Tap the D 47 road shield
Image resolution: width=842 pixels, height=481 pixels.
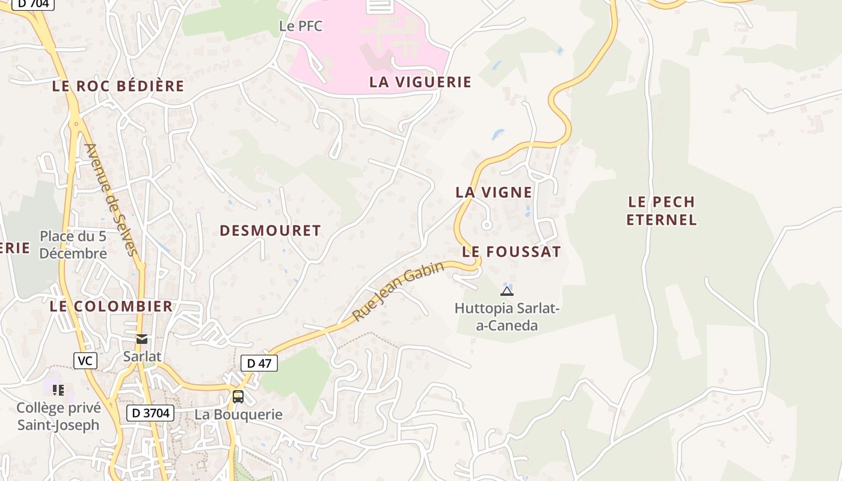[259, 363]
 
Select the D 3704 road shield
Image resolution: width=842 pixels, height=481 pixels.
[150, 413]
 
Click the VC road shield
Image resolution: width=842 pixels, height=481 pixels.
[85, 361]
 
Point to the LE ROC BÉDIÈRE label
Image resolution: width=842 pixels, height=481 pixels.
[118, 86]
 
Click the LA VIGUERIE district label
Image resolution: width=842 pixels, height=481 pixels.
[420, 82]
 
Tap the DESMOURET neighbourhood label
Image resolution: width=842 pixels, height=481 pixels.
[270, 231]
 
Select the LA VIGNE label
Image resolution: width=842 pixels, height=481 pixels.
[493, 192]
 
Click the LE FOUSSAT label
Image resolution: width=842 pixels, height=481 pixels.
[511, 252]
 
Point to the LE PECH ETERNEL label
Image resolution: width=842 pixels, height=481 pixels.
[661, 210]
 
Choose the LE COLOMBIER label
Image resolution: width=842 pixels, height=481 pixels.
[111, 306]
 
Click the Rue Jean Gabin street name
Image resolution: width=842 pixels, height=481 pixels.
[398, 291]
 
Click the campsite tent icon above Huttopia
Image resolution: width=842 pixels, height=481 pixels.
[506, 292]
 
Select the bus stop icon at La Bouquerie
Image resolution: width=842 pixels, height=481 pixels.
[238, 396]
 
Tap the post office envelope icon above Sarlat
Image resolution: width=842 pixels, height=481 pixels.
[142, 339]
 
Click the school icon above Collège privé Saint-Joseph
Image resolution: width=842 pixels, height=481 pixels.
[58, 390]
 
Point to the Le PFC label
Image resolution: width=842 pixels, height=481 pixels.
[301, 26]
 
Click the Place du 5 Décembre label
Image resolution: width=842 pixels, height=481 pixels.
[73, 245]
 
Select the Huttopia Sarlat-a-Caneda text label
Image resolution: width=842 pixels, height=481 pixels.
[507, 317]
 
